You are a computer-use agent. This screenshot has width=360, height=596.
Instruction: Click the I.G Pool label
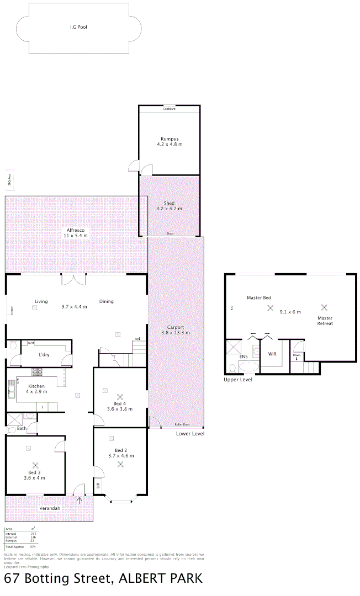tap(78, 26)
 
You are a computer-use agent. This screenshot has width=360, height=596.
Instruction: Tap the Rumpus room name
tap(169, 139)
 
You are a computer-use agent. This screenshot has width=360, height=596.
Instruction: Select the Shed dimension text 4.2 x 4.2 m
tap(169, 209)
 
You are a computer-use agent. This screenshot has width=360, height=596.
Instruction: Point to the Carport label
tap(176, 327)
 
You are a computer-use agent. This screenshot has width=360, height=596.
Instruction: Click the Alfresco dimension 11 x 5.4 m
tap(75, 235)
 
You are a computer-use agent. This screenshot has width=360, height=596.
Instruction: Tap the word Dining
tap(107, 301)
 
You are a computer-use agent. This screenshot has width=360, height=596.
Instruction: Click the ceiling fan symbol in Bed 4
tap(120, 396)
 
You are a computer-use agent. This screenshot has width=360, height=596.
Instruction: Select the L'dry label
tap(44, 355)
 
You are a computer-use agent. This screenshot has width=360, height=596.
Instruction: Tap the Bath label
tap(22, 428)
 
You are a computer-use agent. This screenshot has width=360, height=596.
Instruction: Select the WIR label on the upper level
tap(272, 354)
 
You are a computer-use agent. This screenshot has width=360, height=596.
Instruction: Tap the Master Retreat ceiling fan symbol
tap(325, 307)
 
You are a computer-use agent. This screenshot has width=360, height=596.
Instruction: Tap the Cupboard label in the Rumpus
tap(169, 109)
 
